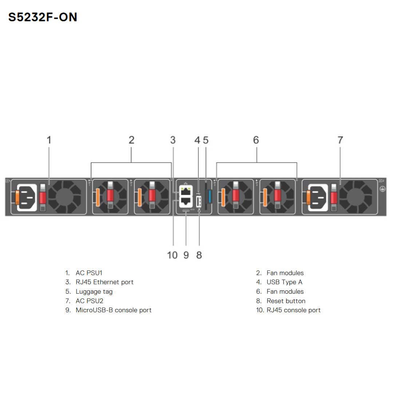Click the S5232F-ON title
click(43, 17)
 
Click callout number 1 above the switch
click(49, 140)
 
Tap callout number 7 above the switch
click(340, 140)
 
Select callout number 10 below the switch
click(172, 255)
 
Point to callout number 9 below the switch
click(186, 255)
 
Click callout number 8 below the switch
click(199, 255)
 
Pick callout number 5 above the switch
click(206, 140)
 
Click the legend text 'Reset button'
click(286, 301)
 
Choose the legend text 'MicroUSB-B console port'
click(114, 310)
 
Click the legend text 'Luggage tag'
click(94, 291)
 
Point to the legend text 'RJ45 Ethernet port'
click(104, 282)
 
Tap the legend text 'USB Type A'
click(284, 282)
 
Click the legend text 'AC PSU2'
click(89, 301)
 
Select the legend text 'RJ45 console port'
click(293, 310)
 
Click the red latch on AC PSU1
click(43, 198)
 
